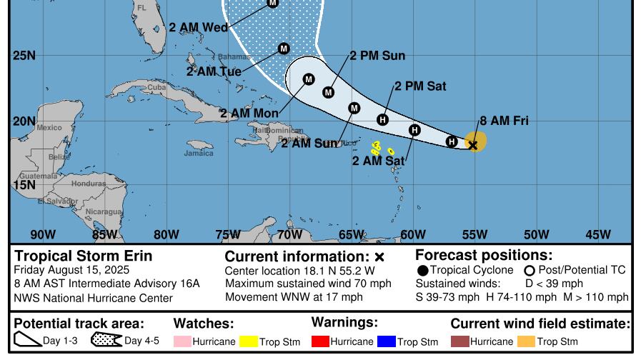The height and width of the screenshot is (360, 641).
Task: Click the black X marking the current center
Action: tap(473, 145)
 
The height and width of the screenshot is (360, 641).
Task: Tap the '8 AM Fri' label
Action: tap(504, 121)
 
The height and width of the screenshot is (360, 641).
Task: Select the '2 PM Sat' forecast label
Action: tap(420, 86)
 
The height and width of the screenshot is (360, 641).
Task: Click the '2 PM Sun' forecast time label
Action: tap(377, 56)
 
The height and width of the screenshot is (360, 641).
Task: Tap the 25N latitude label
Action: tap(24, 56)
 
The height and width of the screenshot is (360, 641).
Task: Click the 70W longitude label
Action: tap(289, 234)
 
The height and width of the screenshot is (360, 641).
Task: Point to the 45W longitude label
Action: tap(598, 234)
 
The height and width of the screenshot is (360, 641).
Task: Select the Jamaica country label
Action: tap(198, 153)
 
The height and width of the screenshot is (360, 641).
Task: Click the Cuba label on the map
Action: tap(156, 87)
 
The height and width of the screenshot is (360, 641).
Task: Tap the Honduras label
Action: tap(88, 184)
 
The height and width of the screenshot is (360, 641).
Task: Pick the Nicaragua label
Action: tap(103, 211)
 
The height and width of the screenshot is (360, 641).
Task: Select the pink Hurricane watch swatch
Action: tap(182, 342)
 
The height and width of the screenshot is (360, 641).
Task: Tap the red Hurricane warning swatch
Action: tap(319, 342)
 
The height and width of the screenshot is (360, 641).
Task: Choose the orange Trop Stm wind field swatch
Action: tap(525, 342)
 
